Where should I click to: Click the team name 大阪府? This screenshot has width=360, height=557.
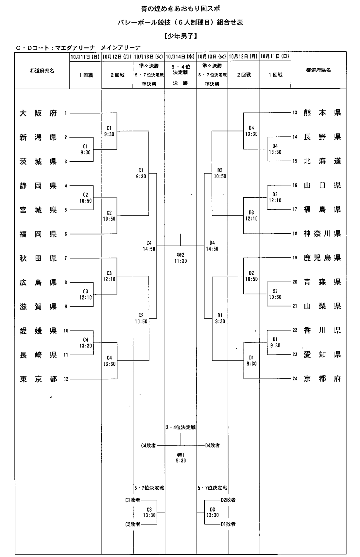click(38, 113)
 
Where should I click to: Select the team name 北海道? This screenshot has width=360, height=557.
click(322, 161)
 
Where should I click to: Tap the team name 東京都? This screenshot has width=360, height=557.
click(38, 379)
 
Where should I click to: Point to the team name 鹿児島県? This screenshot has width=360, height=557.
click(322, 258)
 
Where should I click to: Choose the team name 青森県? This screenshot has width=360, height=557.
click(322, 282)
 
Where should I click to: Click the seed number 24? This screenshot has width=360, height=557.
click(295, 379)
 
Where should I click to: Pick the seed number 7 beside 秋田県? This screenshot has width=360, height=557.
click(66, 258)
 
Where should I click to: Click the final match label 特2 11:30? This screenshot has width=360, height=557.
click(180, 258)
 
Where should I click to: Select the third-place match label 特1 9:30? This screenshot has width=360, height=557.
click(181, 458)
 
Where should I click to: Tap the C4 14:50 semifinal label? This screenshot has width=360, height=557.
click(149, 246)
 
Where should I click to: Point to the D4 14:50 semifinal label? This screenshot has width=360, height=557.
click(212, 246)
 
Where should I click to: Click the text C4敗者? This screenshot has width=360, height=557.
click(148, 445)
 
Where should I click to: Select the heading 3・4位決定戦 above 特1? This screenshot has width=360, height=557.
click(181, 427)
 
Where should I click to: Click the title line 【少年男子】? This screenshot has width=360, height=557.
click(180, 36)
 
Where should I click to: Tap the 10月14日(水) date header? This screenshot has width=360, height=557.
click(180, 57)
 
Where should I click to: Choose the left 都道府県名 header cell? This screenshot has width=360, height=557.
click(42, 71)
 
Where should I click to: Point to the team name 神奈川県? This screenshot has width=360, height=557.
click(322, 234)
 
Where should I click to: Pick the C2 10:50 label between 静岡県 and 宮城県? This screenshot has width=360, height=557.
click(86, 198)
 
